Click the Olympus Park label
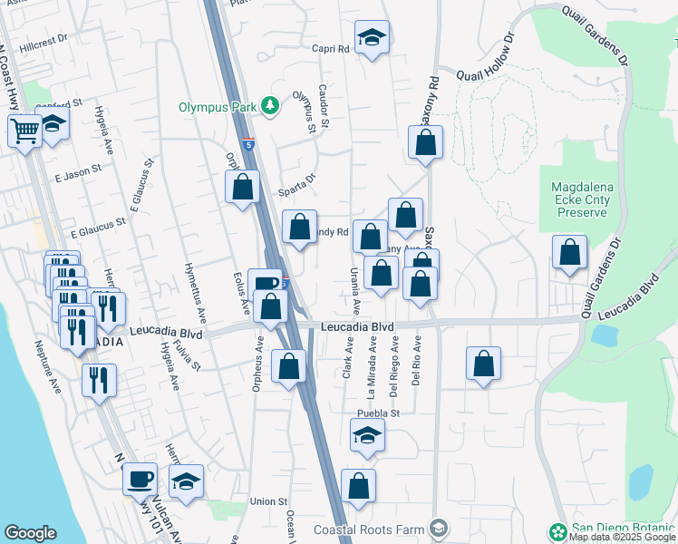coord(217,106)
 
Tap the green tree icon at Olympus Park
coord(269,106)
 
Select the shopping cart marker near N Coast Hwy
coord(24,130)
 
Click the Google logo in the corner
coord(30,533)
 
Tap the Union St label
coord(268,500)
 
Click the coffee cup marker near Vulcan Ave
coord(140,478)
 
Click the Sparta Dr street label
coord(297,180)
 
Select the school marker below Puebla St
coord(366,436)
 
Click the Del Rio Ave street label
coord(417,361)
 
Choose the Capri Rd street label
coord(331,50)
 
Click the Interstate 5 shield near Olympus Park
coord(248,143)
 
